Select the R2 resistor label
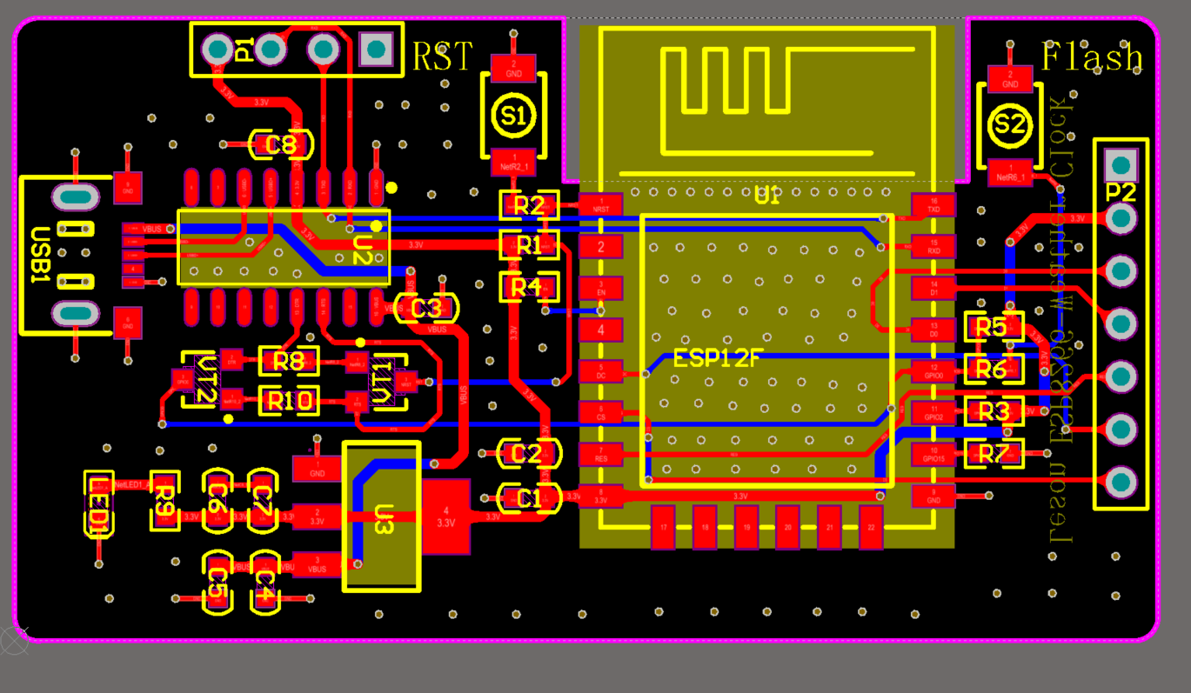(529, 206)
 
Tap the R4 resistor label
(526, 286)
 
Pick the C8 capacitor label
(280, 144)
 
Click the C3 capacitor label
(426, 308)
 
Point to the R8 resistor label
(289, 361)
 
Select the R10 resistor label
(289, 401)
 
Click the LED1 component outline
(100, 505)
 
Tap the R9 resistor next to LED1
(164, 502)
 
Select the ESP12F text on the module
(718, 358)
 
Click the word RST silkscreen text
(442, 57)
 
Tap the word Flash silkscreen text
(1092, 57)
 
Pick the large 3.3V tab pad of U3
(445, 516)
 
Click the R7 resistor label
(994, 453)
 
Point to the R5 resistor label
(992, 327)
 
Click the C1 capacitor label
(527, 498)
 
